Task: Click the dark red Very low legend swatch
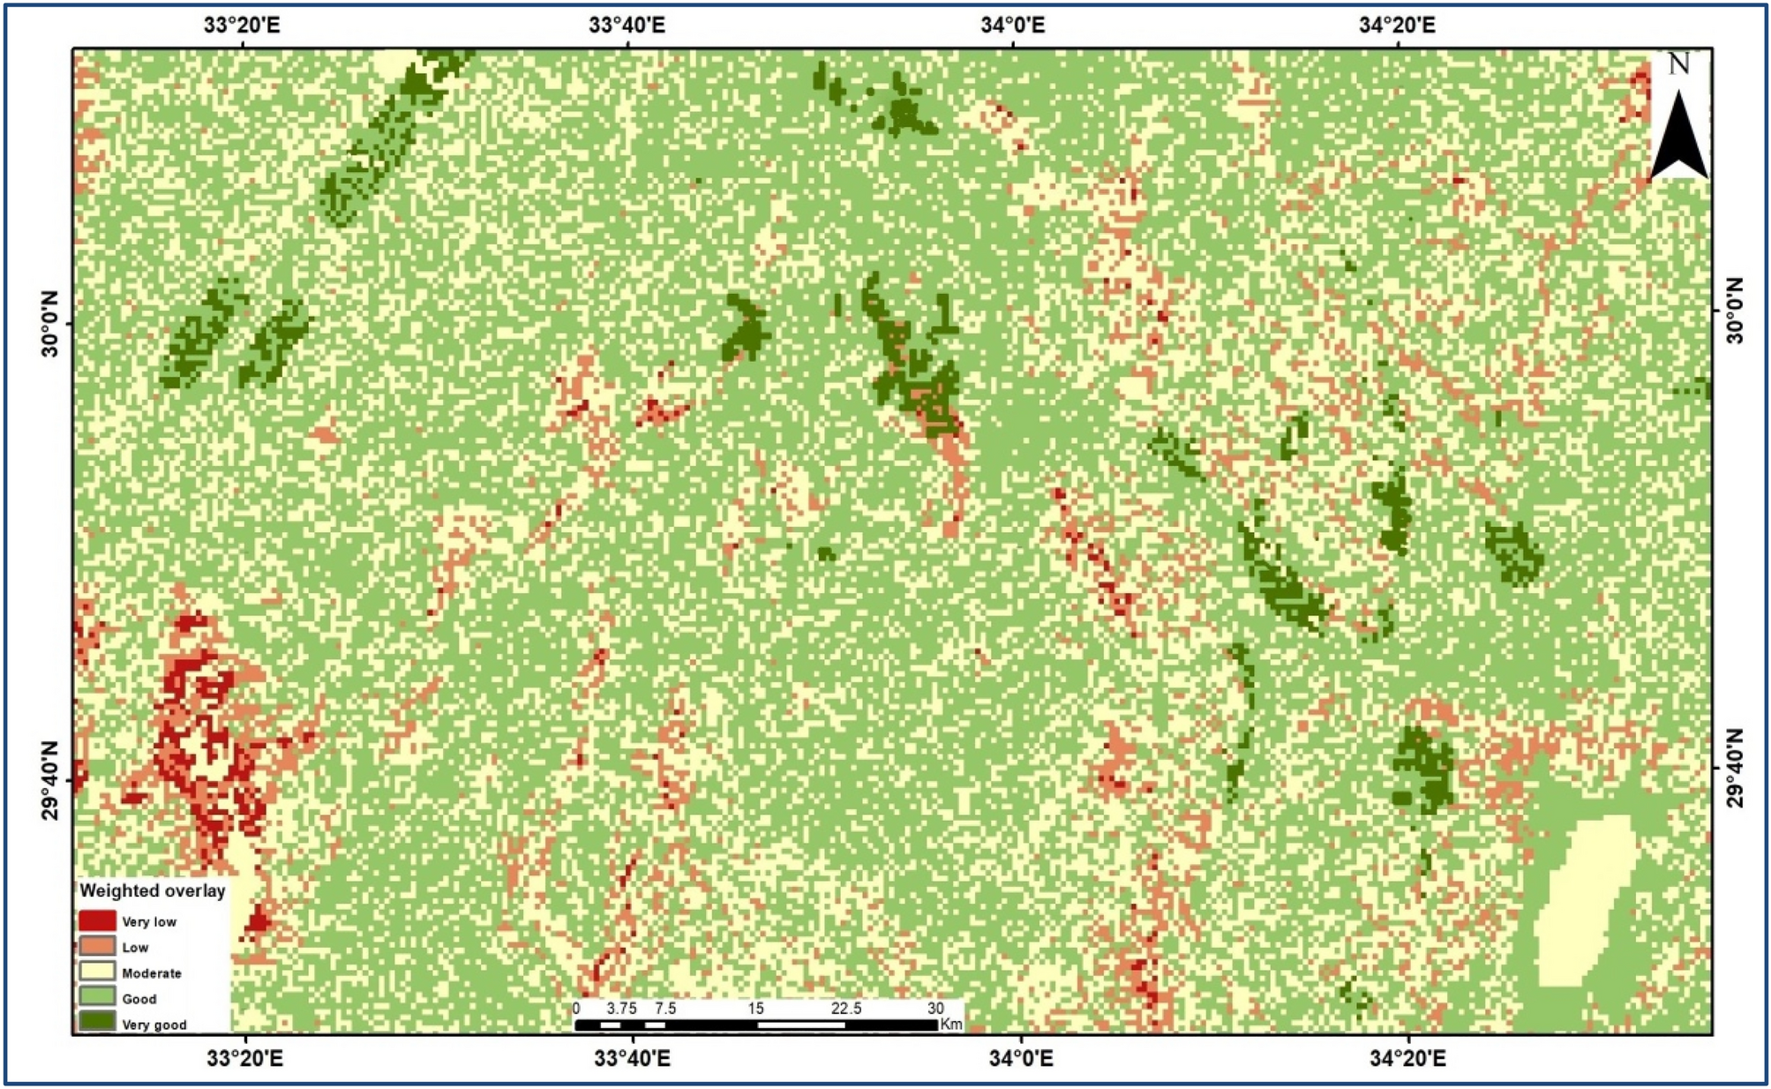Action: [97, 920]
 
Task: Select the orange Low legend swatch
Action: [97, 946]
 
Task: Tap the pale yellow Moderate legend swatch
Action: [97, 972]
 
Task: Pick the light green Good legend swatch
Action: [97, 997]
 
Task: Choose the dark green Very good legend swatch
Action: [97, 1022]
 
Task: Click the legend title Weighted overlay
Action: [153, 890]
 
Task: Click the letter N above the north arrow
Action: [1678, 64]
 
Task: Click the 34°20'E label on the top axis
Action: [1397, 25]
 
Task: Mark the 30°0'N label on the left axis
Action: [51, 325]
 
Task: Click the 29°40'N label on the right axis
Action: [1735, 768]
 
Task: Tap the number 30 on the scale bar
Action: [935, 1008]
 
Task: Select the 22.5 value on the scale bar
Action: [845, 1008]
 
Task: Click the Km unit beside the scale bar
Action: [951, 1025]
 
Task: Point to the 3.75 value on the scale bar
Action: [621, 1008]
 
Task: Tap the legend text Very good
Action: [154, 1025]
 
